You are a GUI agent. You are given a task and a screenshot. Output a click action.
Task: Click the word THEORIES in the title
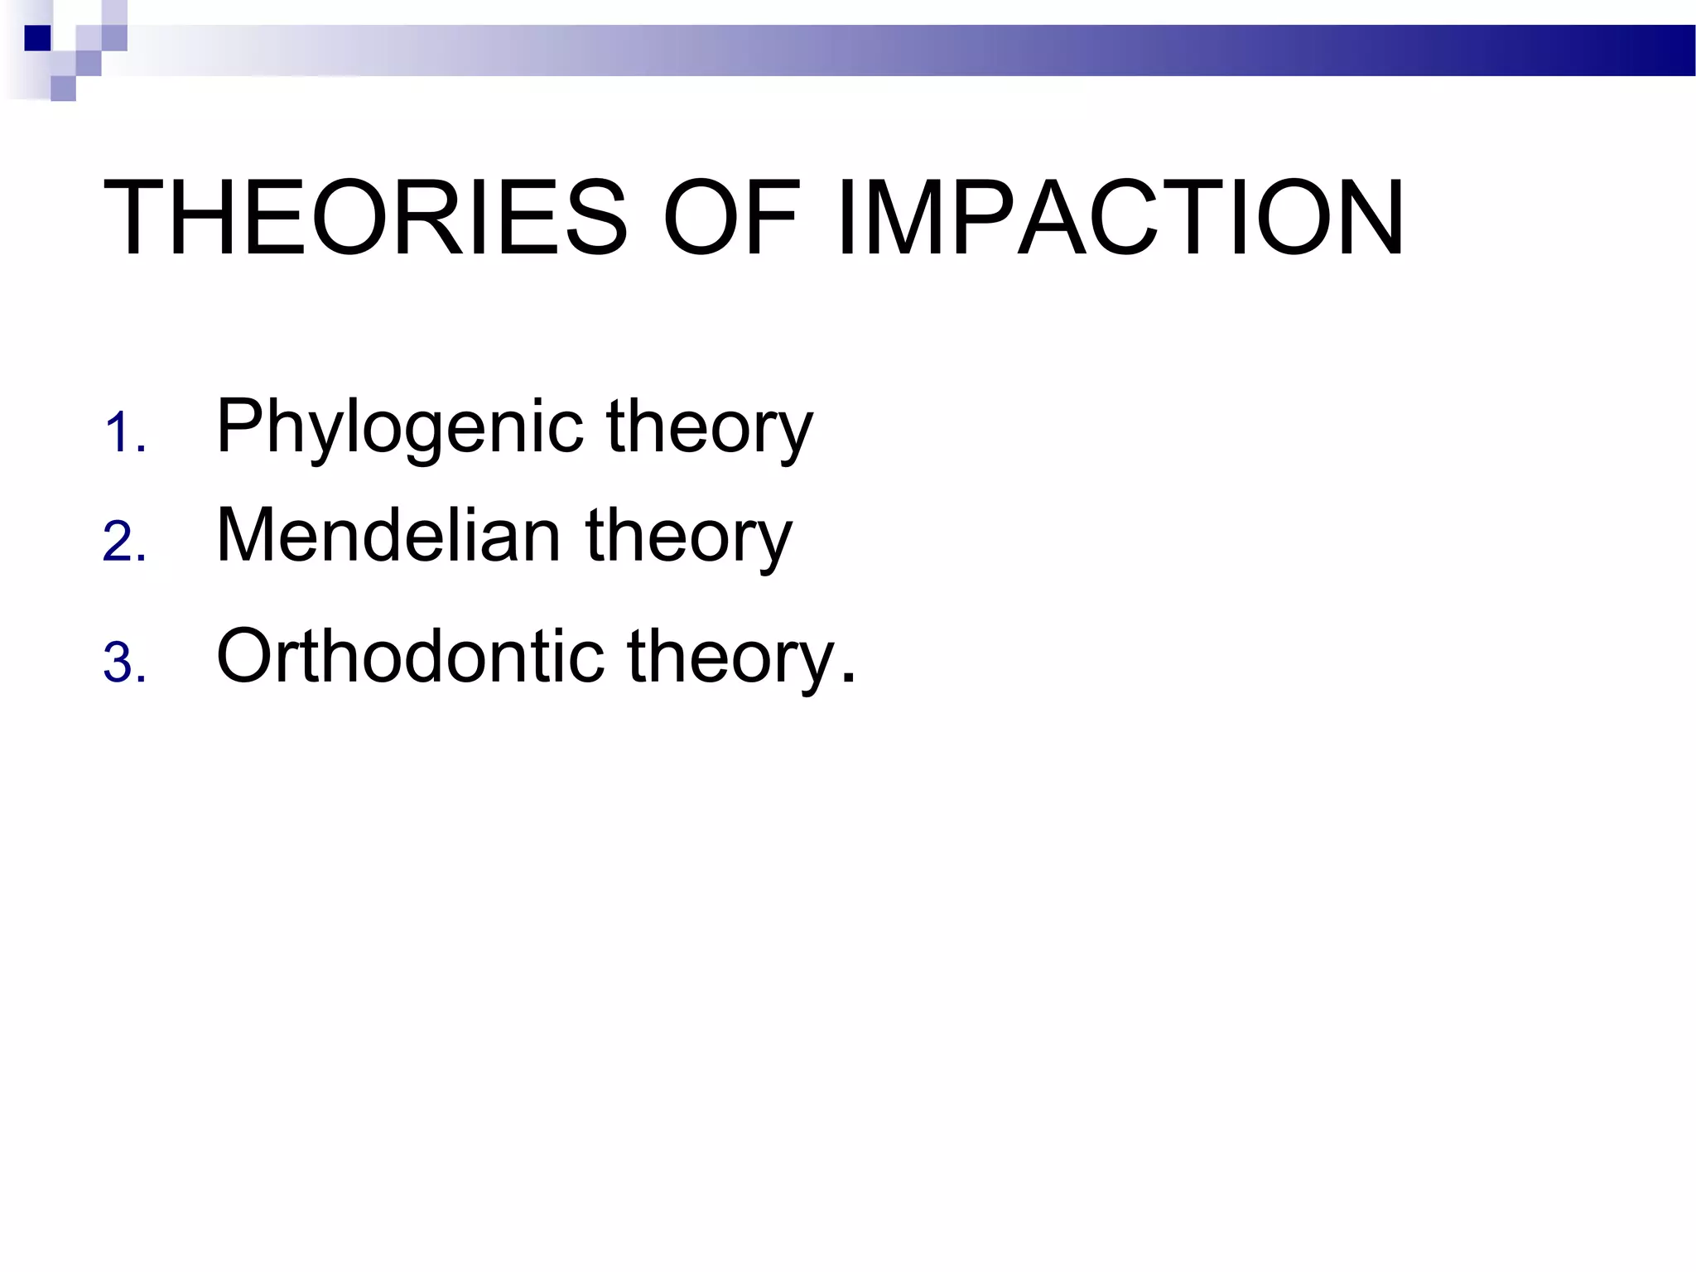[364, 218]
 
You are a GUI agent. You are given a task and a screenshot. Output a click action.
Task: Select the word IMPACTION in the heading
[1120, 218]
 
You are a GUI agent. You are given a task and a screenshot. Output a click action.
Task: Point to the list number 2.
[124, 542]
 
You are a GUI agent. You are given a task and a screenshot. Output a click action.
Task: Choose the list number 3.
[124, 663]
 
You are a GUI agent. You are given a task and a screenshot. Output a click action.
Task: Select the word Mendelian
[388, 536]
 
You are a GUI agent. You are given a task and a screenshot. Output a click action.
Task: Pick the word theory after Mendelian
[689, 537]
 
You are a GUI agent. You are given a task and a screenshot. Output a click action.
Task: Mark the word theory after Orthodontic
[730, 657]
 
